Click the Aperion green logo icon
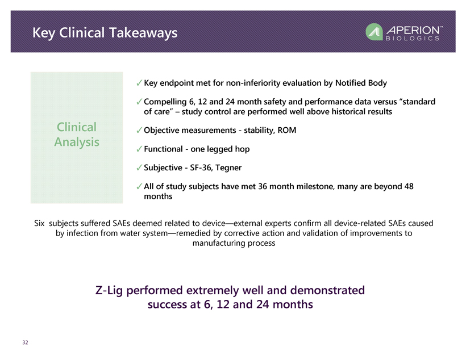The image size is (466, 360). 374,32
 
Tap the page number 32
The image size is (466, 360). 25,342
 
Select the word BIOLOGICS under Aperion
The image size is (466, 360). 413,38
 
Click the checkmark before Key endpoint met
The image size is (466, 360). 139,83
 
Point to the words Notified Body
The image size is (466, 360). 361,83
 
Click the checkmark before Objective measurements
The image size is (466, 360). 139,130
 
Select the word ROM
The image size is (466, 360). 287,130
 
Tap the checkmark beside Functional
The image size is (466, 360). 139,149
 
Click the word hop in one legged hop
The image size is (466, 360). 242,149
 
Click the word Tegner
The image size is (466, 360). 228,168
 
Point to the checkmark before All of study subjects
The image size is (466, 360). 139,186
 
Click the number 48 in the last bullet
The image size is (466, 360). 409,186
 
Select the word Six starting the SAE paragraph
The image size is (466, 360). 39,223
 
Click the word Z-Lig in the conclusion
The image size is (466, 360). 109,291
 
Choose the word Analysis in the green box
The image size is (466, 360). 77,142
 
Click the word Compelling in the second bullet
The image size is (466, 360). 165,102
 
